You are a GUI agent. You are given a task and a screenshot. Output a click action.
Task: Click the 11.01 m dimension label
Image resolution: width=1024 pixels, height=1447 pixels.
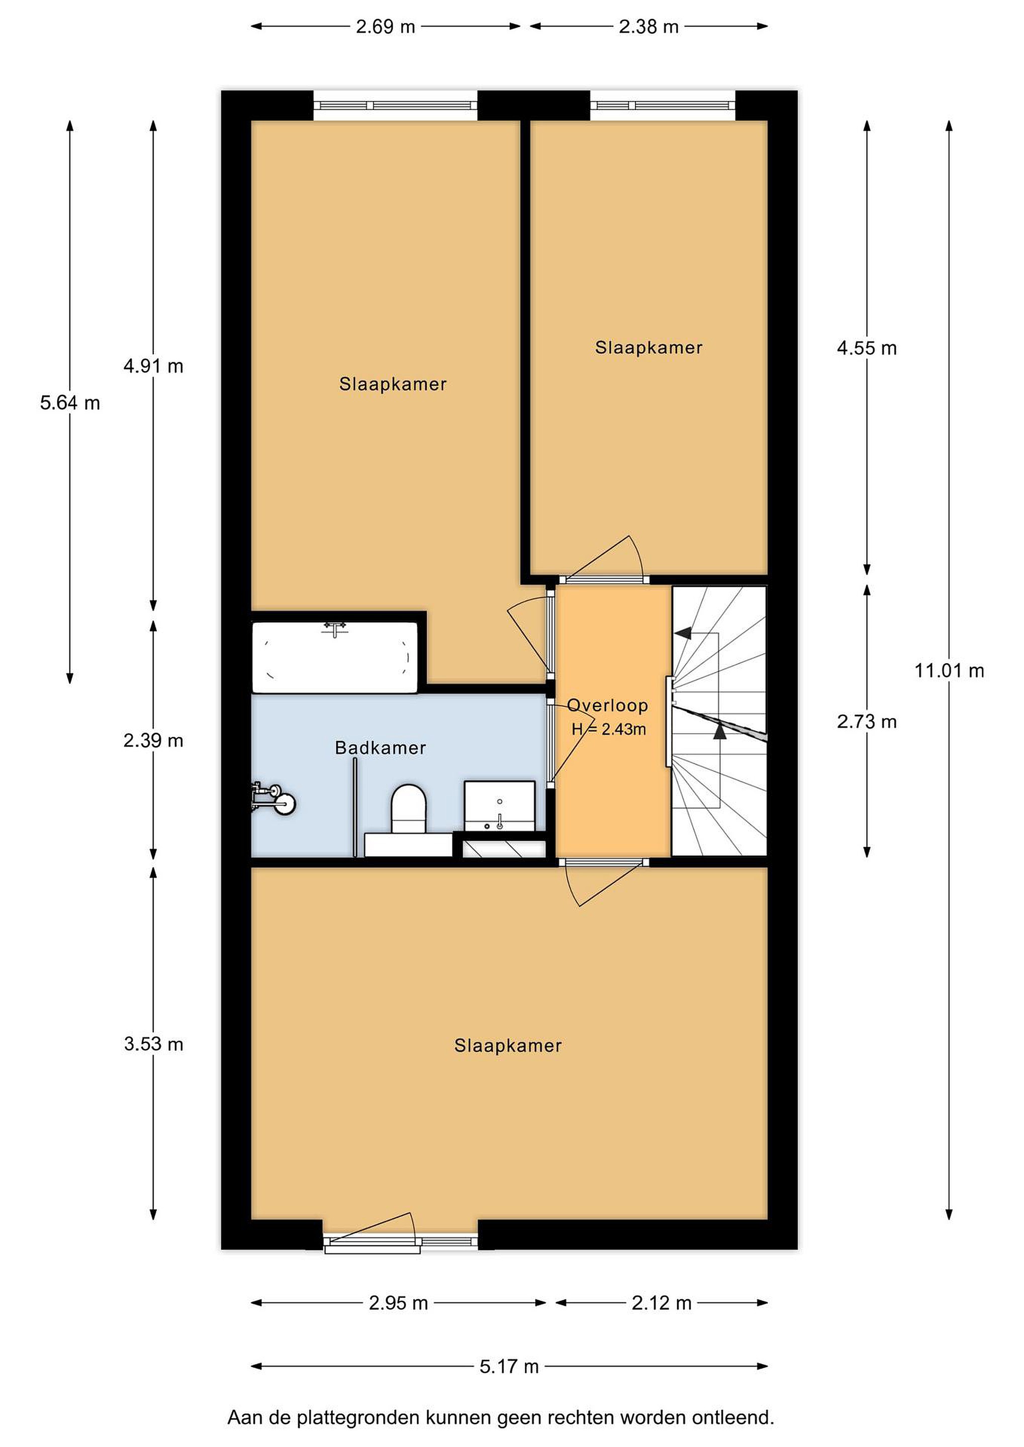(949, 671)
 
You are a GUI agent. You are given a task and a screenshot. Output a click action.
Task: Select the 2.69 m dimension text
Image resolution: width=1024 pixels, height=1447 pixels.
(385, 27)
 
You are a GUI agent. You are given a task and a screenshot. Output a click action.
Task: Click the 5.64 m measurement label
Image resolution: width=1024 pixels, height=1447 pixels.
(70, 403)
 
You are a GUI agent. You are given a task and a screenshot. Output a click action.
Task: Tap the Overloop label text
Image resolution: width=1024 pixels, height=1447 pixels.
(607, 705)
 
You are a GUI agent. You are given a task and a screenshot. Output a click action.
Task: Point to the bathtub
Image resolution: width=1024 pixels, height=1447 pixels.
(335, 657)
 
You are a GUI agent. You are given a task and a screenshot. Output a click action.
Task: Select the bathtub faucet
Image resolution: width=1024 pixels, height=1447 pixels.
(335, 629)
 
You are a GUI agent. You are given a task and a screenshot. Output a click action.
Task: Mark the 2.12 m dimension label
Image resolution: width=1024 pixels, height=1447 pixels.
(662, 1303)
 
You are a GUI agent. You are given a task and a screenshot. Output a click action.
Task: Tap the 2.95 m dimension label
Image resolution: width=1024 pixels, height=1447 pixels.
(399, 1303)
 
